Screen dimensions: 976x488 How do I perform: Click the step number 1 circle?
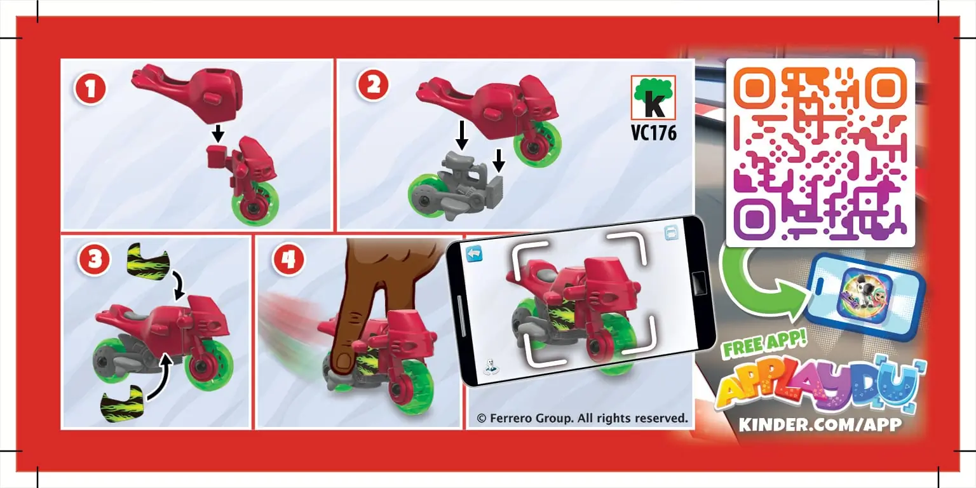tap(90, 90)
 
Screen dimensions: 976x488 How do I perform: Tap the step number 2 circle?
tap(373, 85)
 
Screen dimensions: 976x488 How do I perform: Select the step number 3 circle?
tap(93, 260)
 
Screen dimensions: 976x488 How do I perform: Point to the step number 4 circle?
tap(288, 260)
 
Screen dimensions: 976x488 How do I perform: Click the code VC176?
tap(654, 132)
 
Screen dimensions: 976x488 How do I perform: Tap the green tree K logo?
tap(653, 97)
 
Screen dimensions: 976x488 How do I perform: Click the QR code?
tap(820, 152)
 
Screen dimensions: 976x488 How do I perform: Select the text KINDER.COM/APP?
tap(820, 424)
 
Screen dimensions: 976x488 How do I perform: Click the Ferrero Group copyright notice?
tap(582, 418)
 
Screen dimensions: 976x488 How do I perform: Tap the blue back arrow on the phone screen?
tap(474, 254)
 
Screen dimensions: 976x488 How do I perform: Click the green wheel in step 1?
tap(255, 204)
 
